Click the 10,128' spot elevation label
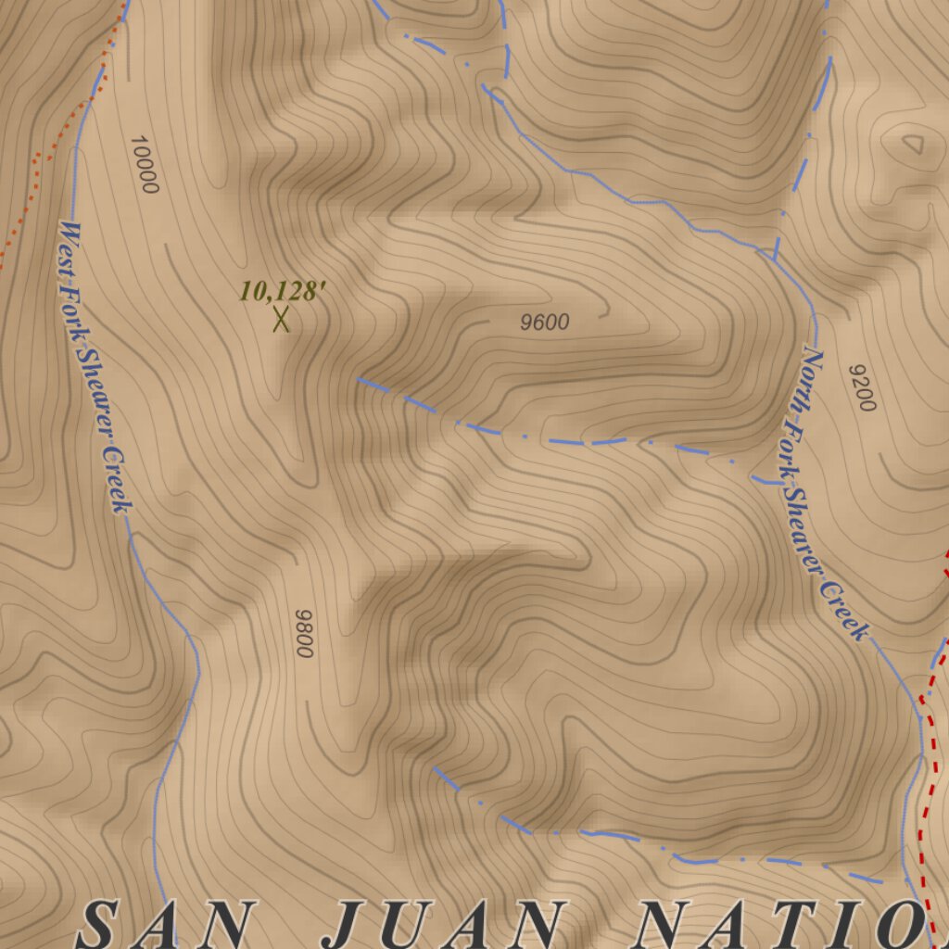point(283,292)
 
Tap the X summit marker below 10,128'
point(282,320)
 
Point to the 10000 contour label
point(144,164)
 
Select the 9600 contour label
point(545,323)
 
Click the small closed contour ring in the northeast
point(912,145)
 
